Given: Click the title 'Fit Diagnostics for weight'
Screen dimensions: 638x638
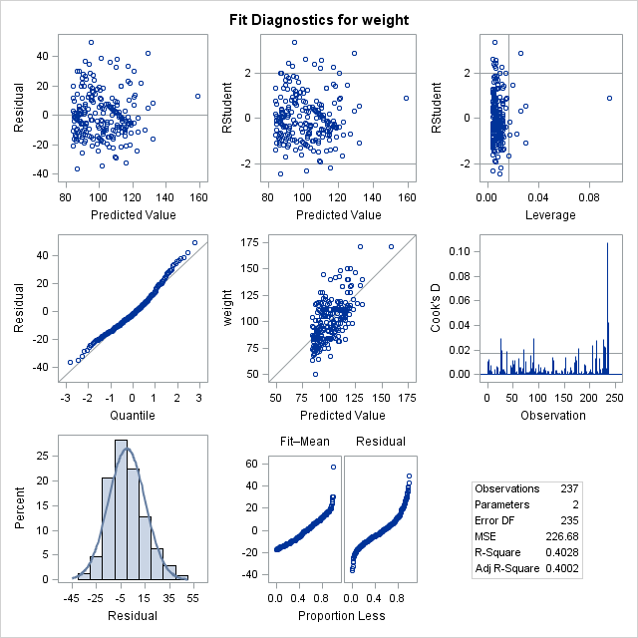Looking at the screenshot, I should [x=319, y=20].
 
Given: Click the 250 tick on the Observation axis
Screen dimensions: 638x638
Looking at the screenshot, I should [x=614, y=398].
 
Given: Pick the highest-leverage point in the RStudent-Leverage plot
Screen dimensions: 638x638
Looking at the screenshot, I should [x=609, y=98].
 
